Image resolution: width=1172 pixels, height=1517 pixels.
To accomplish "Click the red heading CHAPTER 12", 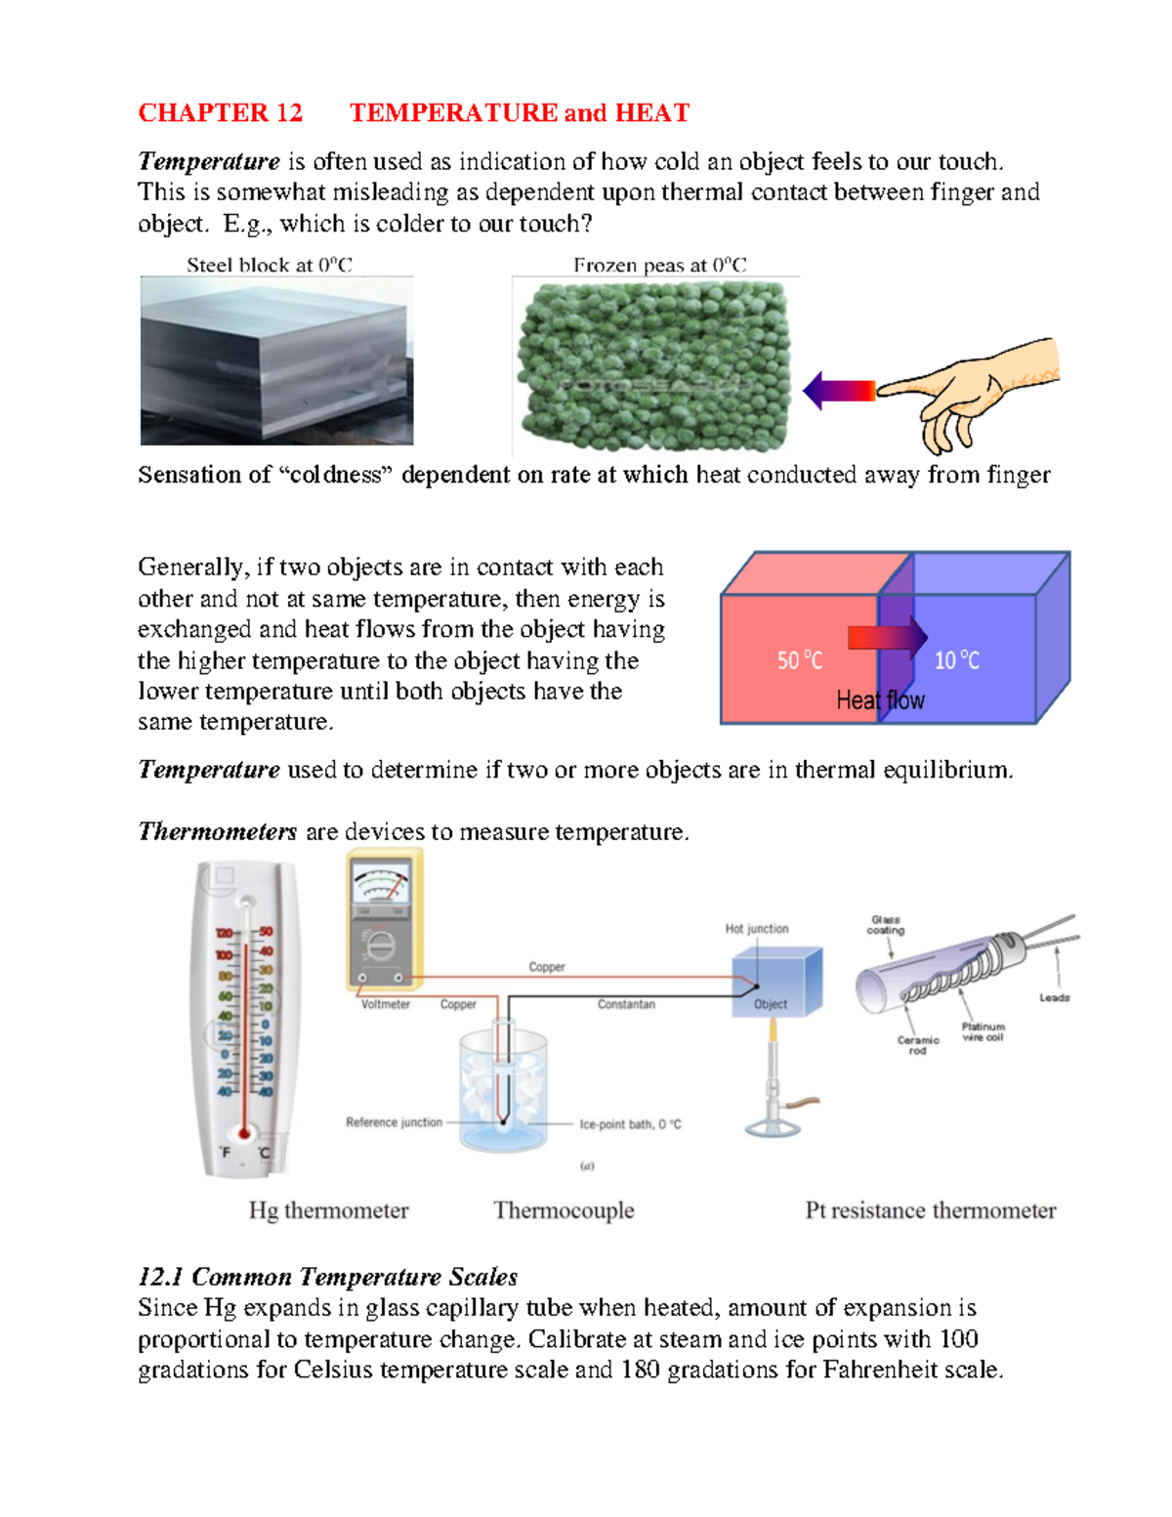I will (220, 113).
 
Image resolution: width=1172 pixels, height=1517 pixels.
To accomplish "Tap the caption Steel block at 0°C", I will (269, 265).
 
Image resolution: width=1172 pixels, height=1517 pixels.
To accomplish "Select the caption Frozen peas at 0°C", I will (659, 265).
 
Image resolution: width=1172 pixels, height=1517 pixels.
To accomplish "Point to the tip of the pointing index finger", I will (882, 391).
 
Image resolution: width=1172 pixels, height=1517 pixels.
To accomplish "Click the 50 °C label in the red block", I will (799, 661).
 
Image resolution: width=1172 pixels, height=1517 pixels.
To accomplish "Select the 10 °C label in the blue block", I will (956, 661).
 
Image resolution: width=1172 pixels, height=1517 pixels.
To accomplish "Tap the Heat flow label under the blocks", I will (880, 700).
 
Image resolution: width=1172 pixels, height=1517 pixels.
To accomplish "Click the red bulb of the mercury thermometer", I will (244, 1134).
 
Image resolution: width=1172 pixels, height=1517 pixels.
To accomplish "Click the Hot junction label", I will (756, 929).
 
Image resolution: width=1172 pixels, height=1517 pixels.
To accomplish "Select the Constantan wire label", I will (626, 1004).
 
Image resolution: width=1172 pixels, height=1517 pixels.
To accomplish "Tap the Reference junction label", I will (394, 1122).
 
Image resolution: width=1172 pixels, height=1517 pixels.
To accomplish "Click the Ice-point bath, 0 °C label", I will (630, 1124).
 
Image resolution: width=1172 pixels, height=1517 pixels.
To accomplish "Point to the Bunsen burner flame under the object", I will (773, 1031).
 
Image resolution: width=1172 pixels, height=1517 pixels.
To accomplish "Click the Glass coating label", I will (885, 925).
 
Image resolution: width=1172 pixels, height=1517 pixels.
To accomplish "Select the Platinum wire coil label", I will (983, 1032).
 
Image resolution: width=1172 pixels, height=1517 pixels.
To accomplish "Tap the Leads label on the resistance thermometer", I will (1054, 997).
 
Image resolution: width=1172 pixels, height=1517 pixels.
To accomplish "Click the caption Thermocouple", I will (564, 1210).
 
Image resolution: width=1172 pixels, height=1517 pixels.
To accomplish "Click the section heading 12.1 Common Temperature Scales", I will (327, 1277).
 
